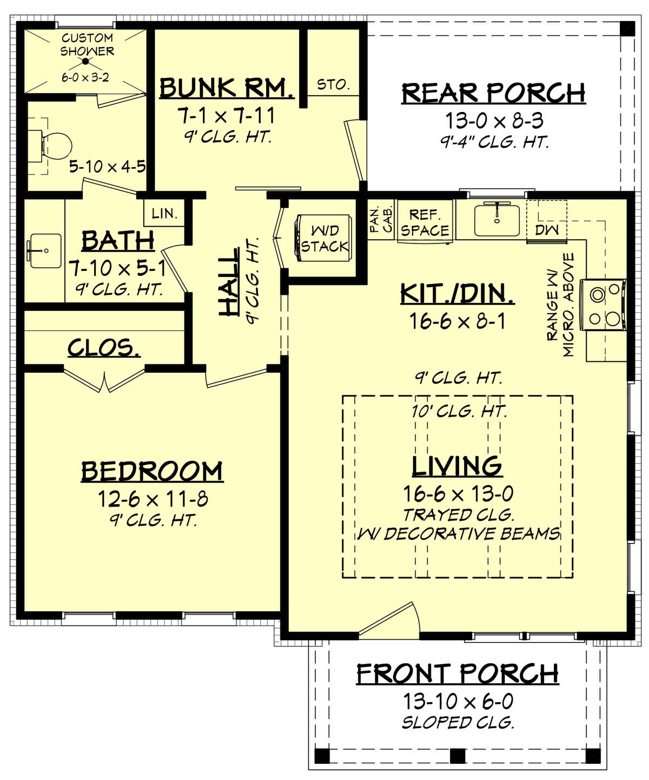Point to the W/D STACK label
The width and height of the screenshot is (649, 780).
click(325, 239)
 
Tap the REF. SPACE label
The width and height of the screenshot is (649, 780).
click(425, 223)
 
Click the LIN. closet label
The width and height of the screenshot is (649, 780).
click(164, 214)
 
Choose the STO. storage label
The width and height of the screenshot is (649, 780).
click(333, 84)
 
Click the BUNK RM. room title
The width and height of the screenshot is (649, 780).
click(227, 88)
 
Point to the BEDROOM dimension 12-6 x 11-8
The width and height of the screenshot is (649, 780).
click(153, 499)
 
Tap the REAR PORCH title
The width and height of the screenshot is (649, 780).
click(493, 93)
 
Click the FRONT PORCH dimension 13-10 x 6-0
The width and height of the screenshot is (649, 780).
click(458, 702)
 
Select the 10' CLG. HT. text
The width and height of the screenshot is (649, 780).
click(459, 412)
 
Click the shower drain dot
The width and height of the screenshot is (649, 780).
click(85, 62)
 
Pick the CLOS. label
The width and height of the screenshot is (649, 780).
click(104, 348)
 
